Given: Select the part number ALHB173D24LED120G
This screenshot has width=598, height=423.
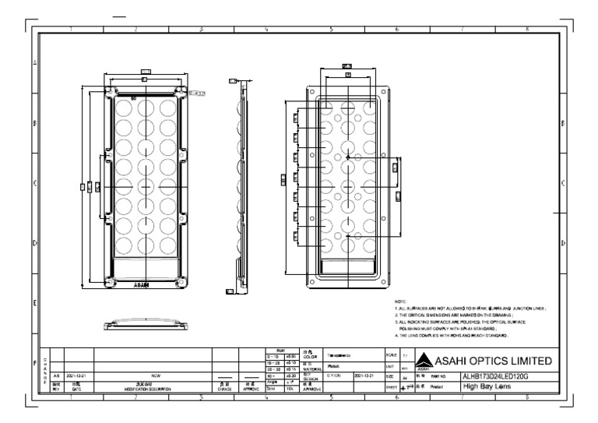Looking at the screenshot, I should (x=486, y=375).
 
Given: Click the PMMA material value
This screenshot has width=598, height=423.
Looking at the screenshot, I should (x=332, y=365).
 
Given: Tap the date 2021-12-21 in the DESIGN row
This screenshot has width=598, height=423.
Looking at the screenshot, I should (x=364, y=375).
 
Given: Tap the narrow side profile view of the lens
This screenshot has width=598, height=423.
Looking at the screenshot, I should (x=240, y=187).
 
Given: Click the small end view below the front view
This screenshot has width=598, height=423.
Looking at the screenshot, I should (x=144, y=322).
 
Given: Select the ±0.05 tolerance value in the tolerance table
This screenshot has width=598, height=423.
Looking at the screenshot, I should (x=290, y=356).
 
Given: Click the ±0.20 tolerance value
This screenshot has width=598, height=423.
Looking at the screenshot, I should (x=290, y=375).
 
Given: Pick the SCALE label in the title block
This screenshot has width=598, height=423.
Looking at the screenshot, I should (x=392, y=354).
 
